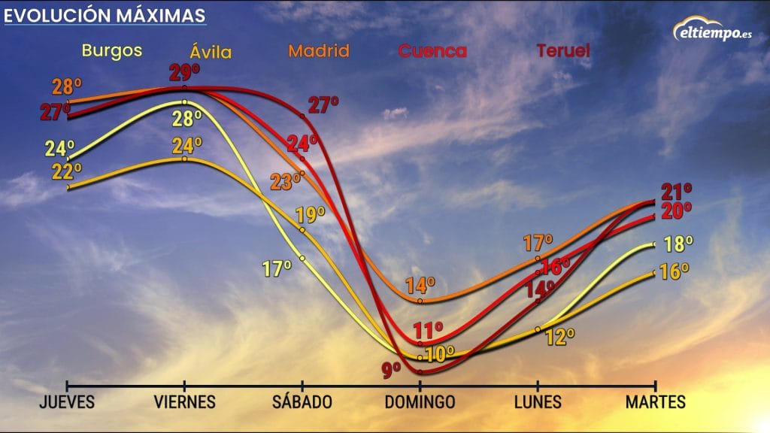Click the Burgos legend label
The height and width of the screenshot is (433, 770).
[112, 50]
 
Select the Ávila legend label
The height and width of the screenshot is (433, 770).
[211, 53]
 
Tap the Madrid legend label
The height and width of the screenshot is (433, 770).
[319, 50]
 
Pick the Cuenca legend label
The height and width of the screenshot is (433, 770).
[432, 51]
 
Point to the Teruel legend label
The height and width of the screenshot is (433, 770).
[562, 50]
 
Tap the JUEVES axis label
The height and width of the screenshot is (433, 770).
[67, 402]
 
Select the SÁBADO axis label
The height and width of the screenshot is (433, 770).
[302, 402]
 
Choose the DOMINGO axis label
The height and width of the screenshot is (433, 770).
[420, 402]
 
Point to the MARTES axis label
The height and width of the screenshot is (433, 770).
[656, 402]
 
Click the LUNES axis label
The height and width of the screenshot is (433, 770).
[538, 402]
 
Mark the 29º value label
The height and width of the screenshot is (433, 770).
[184, 73]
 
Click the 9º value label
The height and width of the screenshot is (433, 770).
[391, 369]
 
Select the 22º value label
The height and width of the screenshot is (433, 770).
[66, 172]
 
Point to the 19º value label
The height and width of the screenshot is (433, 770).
[311, 215]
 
